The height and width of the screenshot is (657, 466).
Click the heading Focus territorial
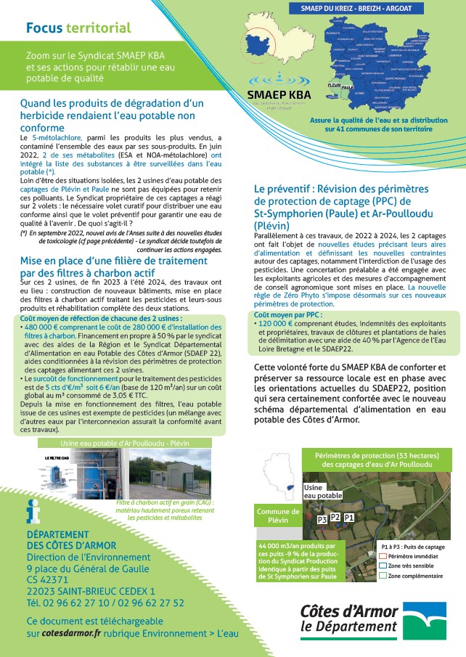tap(78, 28)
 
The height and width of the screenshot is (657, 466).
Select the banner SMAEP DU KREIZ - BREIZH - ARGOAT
tap(367, 11)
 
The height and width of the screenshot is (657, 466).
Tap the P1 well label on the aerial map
tap(349, 517)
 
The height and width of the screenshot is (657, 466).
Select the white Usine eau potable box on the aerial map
tap(322, 491)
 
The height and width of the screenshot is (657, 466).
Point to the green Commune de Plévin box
tap(279, 516)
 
